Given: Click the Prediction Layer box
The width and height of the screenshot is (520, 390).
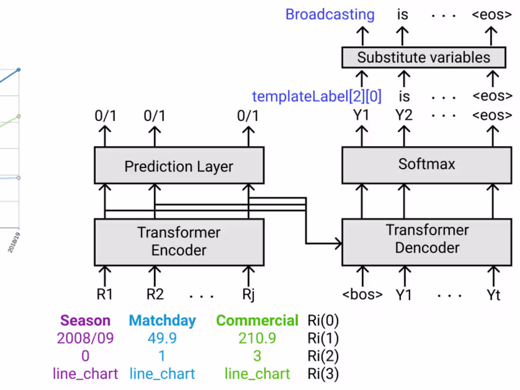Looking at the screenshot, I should click(x=179, y=166).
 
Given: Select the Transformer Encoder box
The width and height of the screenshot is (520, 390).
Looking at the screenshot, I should click(x=179, y=241).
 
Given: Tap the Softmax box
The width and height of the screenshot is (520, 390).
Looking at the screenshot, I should click(x=426, y=164).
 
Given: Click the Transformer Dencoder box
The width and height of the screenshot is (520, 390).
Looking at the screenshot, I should click(x=426, y=239).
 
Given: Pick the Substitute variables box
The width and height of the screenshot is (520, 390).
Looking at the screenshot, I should click(x=424, y=58).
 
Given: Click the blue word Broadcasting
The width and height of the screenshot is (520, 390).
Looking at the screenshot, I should click(x=330, y=14).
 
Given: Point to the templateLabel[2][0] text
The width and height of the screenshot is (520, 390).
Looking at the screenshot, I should click(x=316, y=96).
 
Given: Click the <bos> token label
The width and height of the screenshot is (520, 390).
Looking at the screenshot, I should click(x=363, y=295).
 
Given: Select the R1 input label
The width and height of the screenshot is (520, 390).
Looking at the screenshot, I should click(x=104, y=295).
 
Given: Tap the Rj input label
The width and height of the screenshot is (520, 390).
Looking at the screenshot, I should click(x=248, y=295).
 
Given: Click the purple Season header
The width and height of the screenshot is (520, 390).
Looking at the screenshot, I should click(x=85, y=321).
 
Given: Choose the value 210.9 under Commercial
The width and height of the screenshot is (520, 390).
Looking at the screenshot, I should click(x=257, y=338).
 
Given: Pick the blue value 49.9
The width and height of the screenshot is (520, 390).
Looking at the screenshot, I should click(x=162, y=338).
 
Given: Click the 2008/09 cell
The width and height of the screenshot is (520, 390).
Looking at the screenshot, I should click(x=85, y=338).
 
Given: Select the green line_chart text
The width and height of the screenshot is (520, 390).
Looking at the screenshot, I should click(x=257, y=374).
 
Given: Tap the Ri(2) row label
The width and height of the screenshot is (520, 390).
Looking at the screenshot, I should click(x=323, y=356).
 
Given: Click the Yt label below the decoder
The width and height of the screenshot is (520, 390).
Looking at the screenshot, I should click(x=493, y=295).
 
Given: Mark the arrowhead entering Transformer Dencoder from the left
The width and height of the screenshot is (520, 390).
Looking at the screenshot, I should click(x=338, y=244).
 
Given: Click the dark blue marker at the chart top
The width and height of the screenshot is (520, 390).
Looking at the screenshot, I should click(x=18, y=70).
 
